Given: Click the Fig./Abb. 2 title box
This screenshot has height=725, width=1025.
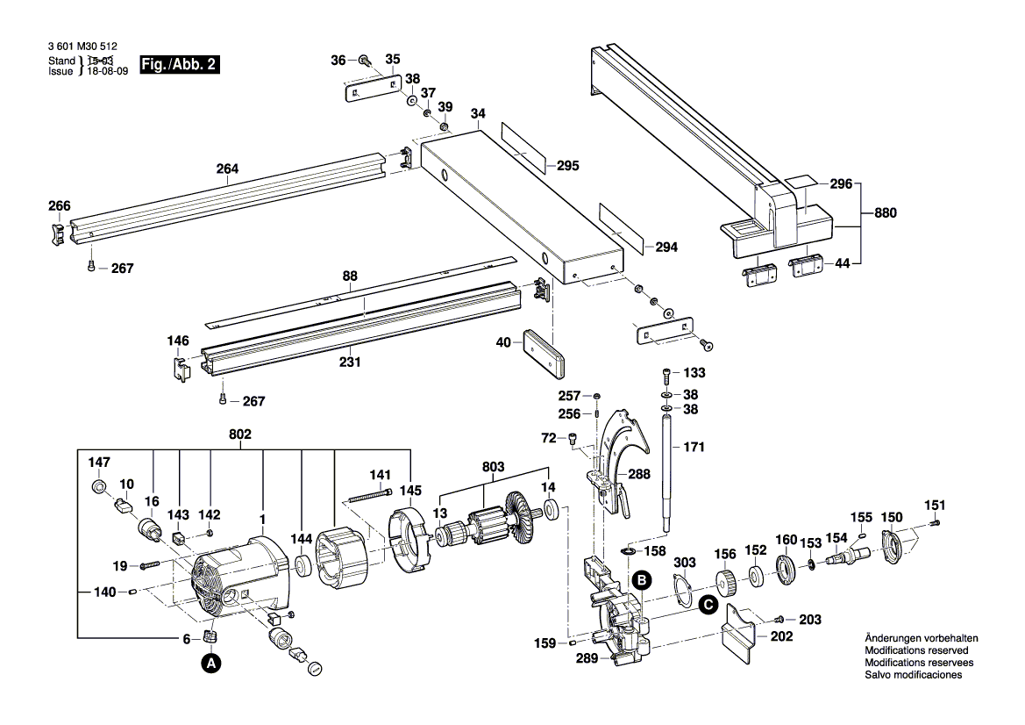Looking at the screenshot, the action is [x=179, y=64].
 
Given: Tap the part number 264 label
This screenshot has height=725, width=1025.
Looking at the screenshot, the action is [x=227, y=169].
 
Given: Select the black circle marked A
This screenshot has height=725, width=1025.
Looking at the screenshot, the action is [x=210, y=663].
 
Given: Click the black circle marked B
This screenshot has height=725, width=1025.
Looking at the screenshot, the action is [x=642, y=580].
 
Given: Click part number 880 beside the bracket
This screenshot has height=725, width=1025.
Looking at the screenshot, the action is [x=886, y=212].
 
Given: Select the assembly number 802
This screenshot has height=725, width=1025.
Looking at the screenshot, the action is [x=240, y=434].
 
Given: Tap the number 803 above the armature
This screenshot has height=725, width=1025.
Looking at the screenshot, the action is [x=493, y=467].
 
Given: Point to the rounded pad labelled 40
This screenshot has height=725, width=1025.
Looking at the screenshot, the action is [x=544, y=354].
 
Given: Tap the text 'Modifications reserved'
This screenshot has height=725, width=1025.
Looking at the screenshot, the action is [x=916, y=650].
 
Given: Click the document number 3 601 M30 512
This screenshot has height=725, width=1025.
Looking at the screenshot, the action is [x=82, y=47].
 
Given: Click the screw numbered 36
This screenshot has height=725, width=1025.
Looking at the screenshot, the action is [x=365, y=61].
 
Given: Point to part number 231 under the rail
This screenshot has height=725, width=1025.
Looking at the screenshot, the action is [x=350, y=362].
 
